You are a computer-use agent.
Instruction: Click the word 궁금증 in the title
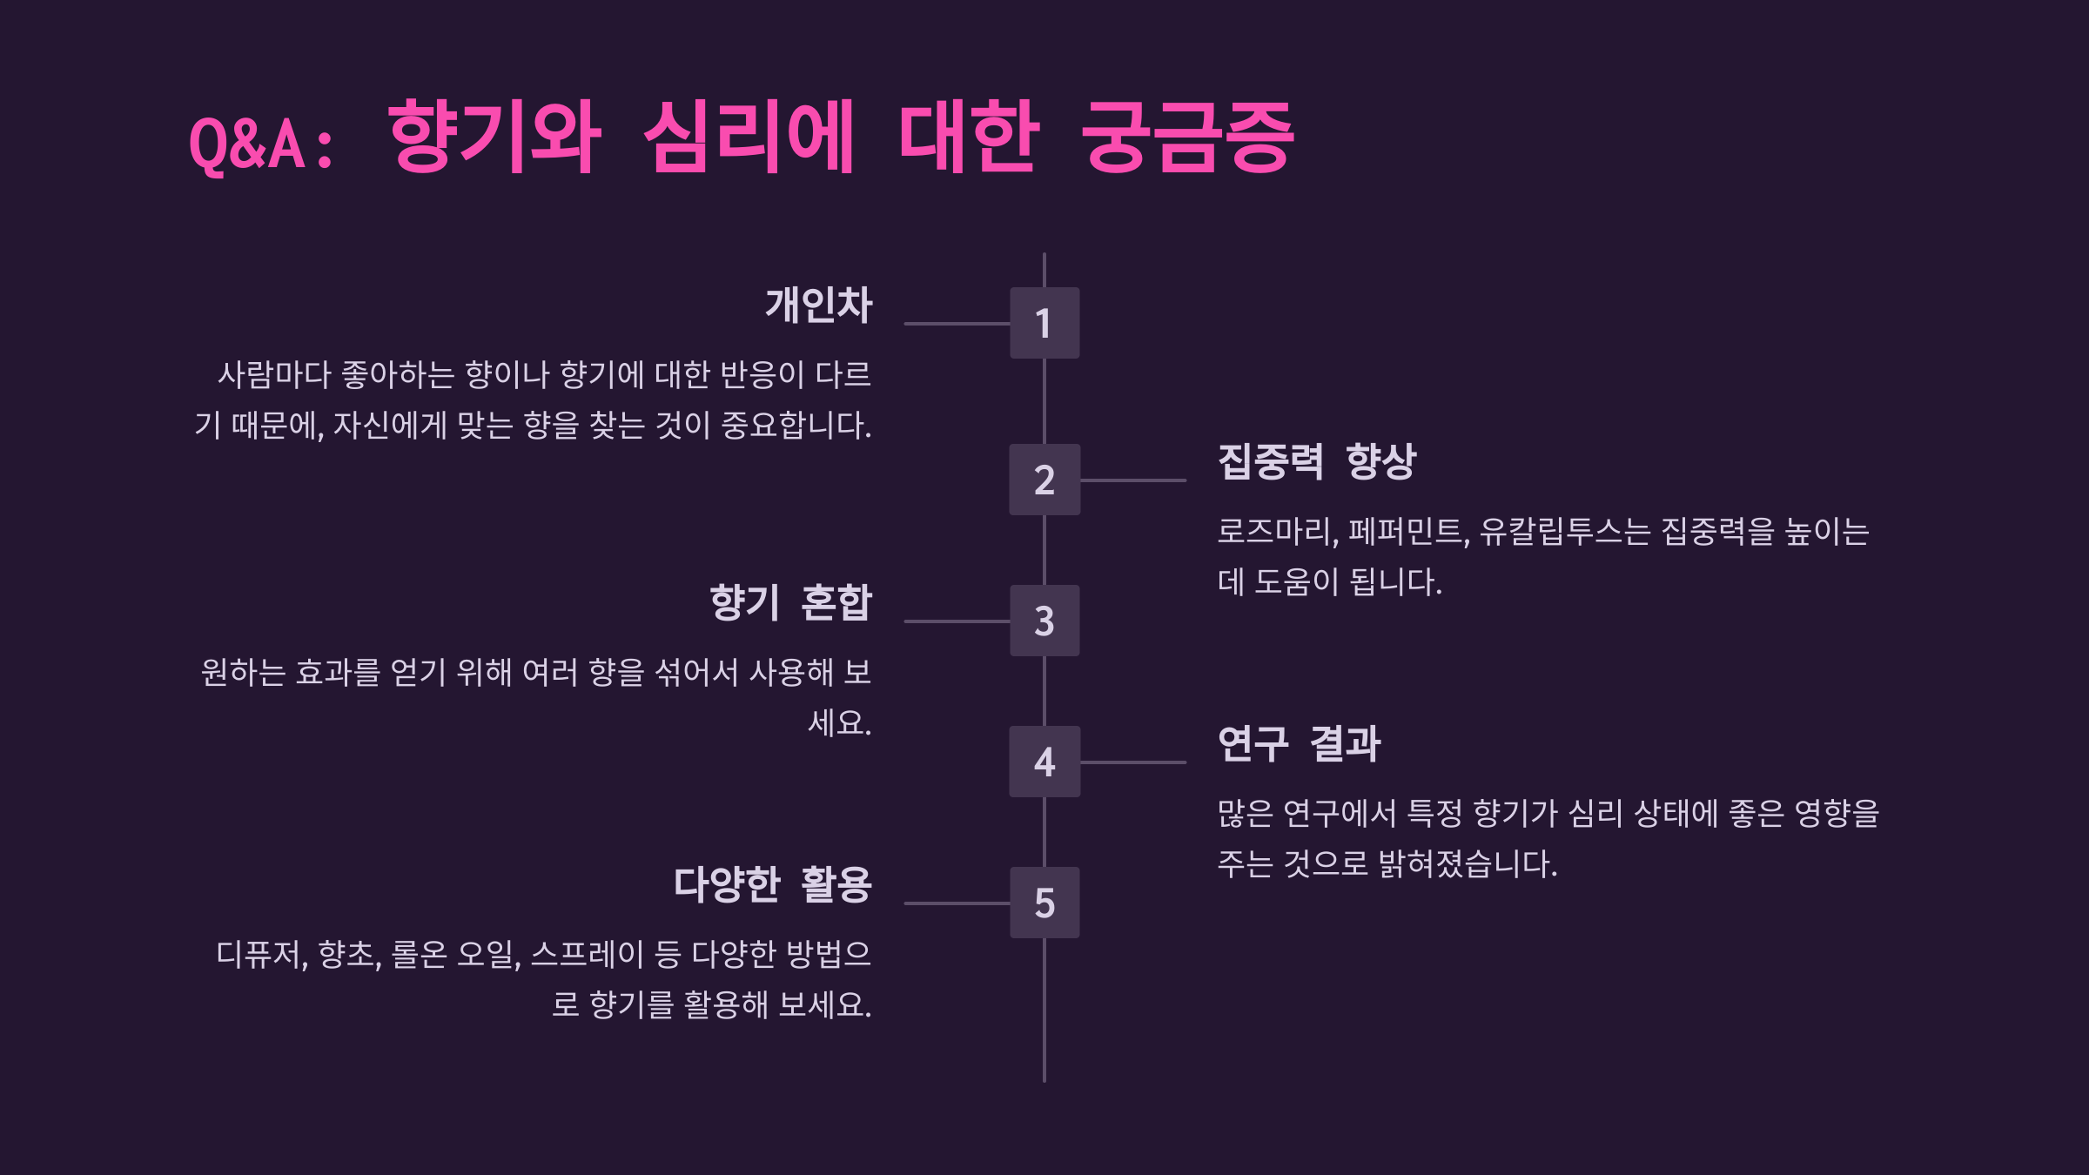(1188, 137)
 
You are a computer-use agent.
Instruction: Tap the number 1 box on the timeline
(1044, 323)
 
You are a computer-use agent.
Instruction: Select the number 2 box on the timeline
(1044, 480)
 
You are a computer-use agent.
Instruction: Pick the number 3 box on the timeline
(1044, 621)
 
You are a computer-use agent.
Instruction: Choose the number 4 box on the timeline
(1044, 762)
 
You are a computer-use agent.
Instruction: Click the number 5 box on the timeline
(1044, 903)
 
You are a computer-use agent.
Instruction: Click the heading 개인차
(818, 305)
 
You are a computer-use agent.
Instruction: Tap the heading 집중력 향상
(1317, 461)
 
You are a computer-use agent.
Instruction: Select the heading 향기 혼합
(790, 602)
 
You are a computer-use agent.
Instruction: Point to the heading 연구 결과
(1299, 744)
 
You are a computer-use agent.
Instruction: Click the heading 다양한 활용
(773, 884)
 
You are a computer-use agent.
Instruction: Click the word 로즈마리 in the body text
(1276, 531)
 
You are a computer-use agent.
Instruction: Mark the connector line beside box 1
(957, 324)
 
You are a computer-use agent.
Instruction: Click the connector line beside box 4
(1132, 762)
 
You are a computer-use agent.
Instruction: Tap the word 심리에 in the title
(749, 137)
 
